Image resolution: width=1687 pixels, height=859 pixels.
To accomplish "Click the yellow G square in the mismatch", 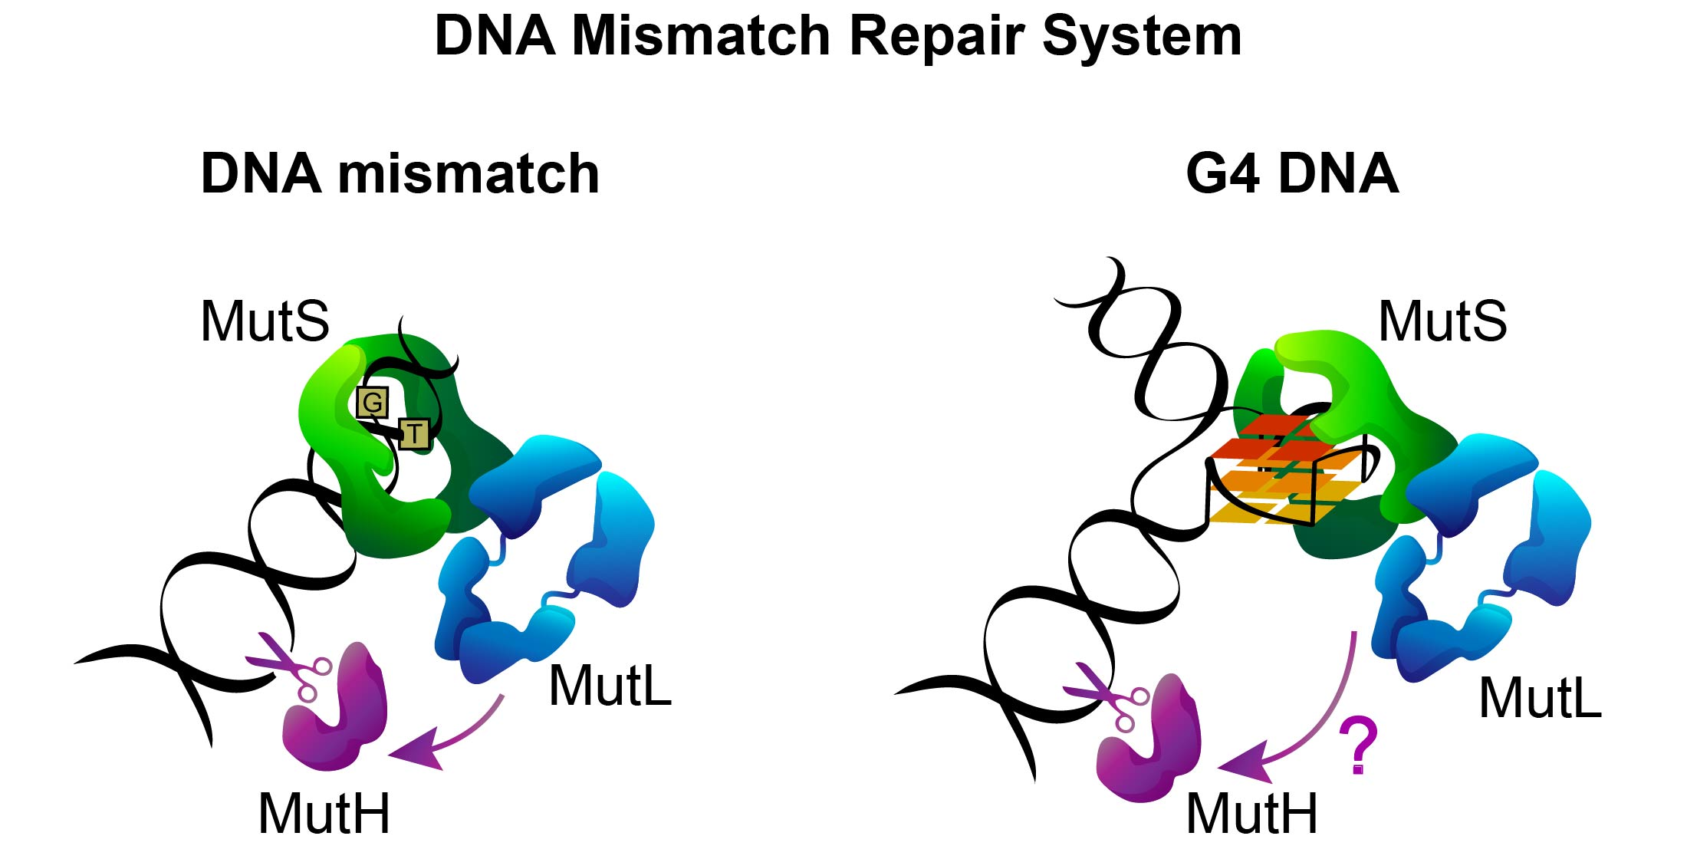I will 373,402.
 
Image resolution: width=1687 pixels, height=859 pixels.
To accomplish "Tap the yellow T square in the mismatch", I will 414,433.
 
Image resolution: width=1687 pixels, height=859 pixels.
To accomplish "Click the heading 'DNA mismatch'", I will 400,174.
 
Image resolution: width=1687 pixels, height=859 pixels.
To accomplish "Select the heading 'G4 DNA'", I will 1292,174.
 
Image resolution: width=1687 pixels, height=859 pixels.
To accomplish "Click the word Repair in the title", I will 937,36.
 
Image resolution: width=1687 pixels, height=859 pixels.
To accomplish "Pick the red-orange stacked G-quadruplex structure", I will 1281,472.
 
